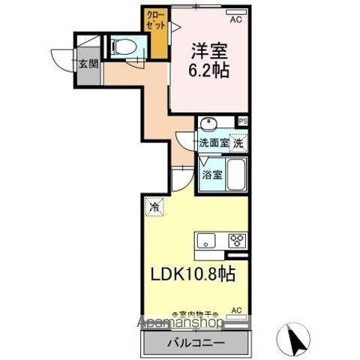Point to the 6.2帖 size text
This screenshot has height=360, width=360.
pyautogui.click(x=208, y=73)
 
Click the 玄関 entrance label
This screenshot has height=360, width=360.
pyautogui.click(x=88, y=64)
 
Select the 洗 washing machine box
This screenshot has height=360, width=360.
pyautogui.click(x=238, y=141)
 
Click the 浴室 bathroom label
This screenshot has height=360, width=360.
pyautogui.click(x=211, y=175)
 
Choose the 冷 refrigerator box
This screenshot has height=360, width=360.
pyautogui.click(x=154, y=205)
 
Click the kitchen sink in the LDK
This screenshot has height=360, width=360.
pyautogui.click(x=208, y=241)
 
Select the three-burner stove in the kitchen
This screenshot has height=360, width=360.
pyautogui.click(x=236, y=241)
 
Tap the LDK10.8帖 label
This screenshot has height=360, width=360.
pyautogui.click(x=196, y=274)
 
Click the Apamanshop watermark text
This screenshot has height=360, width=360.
pyautogui.click(x=180, y=323)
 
